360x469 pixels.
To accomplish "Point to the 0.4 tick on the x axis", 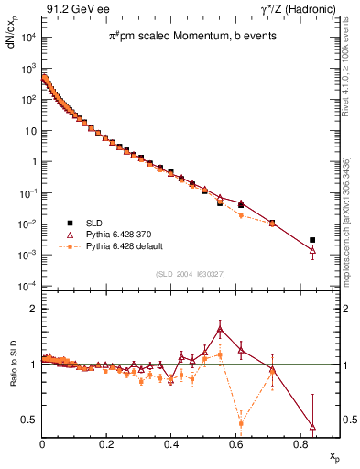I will tap(171, 442).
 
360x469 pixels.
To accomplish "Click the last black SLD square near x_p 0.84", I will tap(312, 240).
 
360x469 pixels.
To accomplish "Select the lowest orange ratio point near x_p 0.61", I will tap(241, 423).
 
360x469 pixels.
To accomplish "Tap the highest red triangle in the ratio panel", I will tap(220, 329).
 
